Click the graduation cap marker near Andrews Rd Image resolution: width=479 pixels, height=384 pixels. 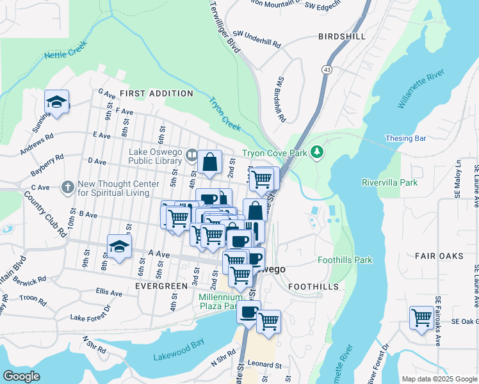coord(56,102)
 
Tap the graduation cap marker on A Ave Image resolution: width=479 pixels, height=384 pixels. coord(119,246)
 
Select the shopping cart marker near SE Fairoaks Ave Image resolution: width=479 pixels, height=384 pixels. coord(421,317)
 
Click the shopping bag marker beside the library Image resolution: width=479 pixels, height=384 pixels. coord(209,163)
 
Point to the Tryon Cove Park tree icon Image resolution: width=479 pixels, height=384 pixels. coord(316,152)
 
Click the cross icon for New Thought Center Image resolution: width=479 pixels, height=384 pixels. coord(68,188)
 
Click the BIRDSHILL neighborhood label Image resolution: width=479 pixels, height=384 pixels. coord(342,37)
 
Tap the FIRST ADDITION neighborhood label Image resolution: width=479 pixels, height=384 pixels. coord(156,93)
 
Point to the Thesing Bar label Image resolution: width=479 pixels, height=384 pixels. coord(405,138)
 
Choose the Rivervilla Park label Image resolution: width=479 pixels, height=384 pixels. coord(389,182)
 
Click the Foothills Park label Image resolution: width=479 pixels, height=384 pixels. coord(345,260)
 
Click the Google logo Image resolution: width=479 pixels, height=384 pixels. coord(21,376)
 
